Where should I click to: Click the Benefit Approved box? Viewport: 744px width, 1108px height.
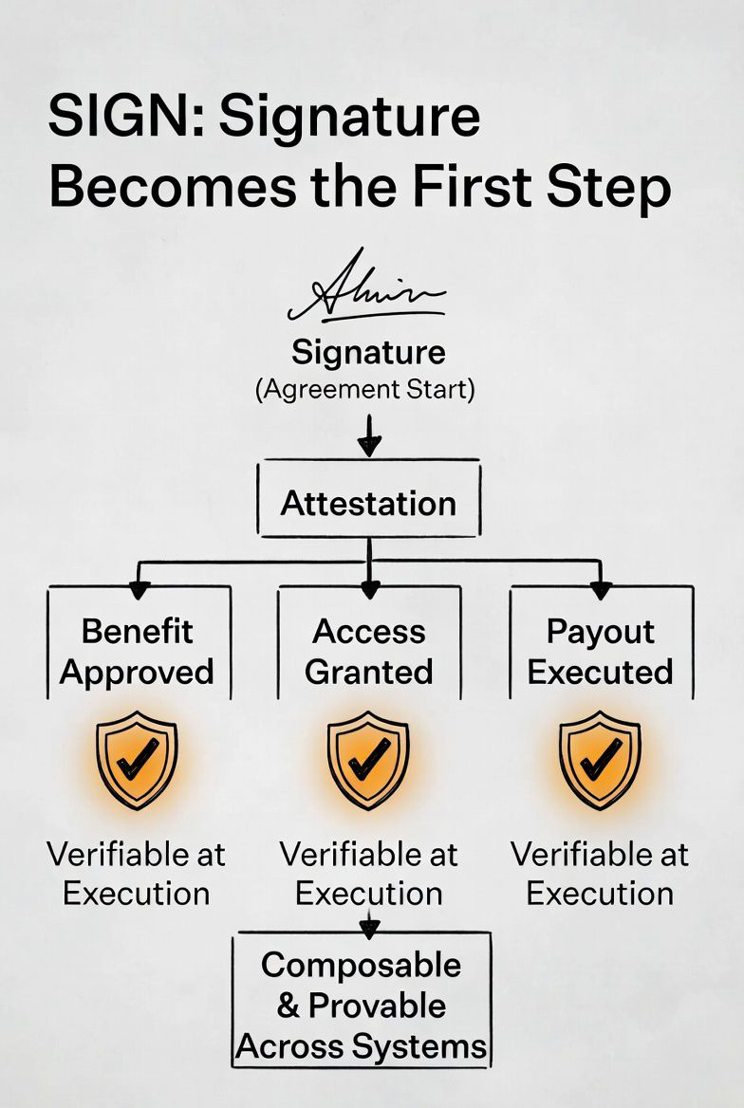[x=138, y=651]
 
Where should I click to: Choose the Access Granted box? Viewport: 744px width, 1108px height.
[x=369, y=651]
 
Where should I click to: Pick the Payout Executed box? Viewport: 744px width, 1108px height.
[x=601, y=651]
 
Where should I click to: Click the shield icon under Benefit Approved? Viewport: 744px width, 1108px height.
[x=137, y=760]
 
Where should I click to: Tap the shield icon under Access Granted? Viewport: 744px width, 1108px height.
[x=368, y=760]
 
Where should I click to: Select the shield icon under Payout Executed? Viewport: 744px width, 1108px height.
[x=600, y=760]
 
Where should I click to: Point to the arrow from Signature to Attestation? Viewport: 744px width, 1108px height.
[x=369, y=434]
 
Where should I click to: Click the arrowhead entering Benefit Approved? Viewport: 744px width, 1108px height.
[x=139, y=590]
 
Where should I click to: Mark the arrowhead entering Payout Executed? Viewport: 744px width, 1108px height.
[x=600, y=590]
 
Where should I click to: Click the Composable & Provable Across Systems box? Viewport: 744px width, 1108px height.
[x=362, y=1006]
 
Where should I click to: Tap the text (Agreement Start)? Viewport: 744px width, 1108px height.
[x=364, y=390]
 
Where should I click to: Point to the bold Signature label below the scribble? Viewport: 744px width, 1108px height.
[x=368, y=353]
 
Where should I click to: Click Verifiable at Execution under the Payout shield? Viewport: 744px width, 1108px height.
[x=600, y=874]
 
